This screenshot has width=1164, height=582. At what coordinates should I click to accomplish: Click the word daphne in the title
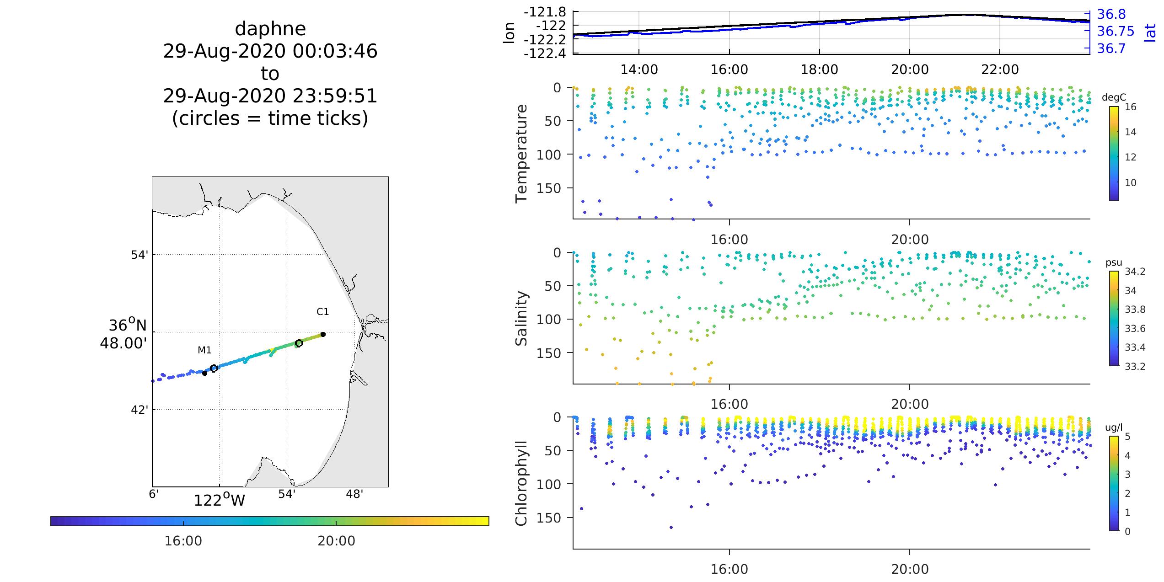coord(270,29)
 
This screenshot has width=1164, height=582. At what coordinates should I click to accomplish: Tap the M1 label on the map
coord(204,350)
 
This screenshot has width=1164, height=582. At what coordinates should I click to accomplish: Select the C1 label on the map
coord(322,312)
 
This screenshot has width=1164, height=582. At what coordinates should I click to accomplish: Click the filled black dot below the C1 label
coord(323,334)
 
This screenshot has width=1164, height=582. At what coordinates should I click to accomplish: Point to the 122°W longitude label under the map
coord(220,500)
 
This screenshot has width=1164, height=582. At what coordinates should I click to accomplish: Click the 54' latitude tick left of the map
coord(139,255)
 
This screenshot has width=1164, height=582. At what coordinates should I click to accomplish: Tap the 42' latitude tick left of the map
coord(139,410)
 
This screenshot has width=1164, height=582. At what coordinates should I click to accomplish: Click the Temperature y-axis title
coord(521,154)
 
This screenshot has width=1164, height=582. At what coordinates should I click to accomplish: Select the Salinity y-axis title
coord(521,319)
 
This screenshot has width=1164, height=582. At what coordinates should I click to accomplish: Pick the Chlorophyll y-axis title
coord(521,483)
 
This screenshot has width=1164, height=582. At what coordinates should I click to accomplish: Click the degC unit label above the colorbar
coord(1114,97)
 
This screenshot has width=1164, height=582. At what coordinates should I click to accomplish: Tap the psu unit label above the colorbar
coord(1114,262)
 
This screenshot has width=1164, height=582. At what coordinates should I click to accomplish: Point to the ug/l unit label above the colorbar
coord(1114,427)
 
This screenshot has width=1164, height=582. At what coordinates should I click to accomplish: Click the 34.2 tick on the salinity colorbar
coord(1135,272)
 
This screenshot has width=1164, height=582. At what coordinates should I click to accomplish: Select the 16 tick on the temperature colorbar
coord(1131,107)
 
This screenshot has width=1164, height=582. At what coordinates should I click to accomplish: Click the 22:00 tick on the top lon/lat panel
coord(1000,69)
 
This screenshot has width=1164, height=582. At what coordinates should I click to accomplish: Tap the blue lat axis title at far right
coord(1156,32)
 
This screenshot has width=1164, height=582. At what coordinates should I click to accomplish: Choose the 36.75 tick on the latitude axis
coord(1116,31)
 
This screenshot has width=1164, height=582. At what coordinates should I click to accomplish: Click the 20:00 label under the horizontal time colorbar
coord(336,541)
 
